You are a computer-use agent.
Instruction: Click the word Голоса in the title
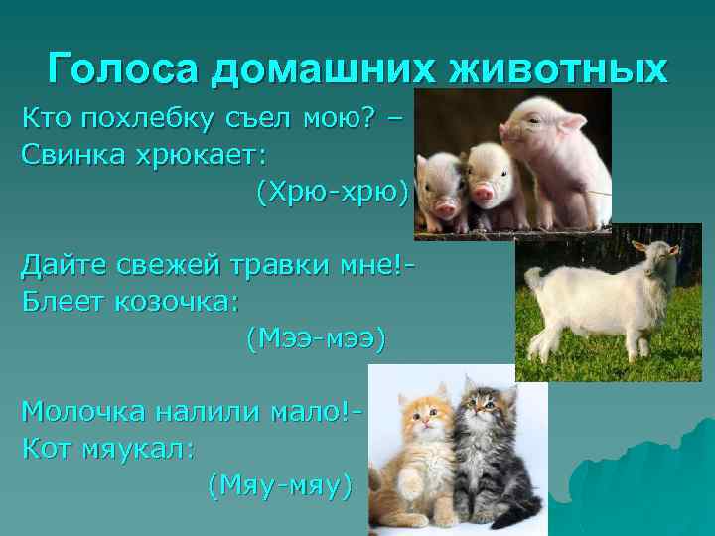tap(123, 68)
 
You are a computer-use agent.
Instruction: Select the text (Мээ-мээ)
tap(314, 338)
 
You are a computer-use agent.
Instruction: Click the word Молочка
tap(85, 411)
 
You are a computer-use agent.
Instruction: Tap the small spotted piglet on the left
tap(440, 189)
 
